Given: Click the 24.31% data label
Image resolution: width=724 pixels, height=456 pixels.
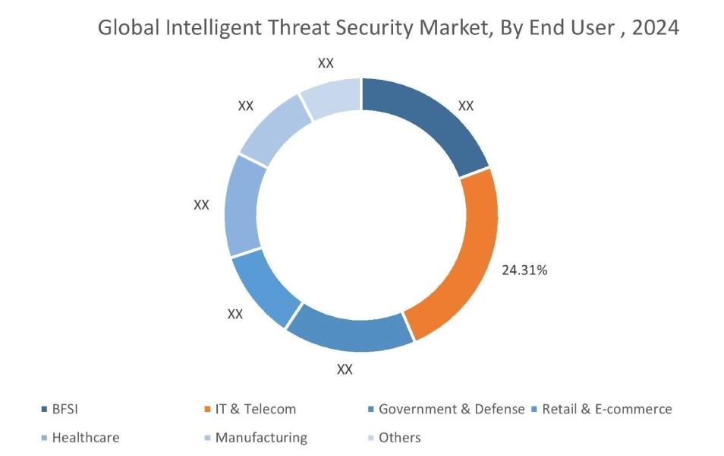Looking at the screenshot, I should pos(524,270).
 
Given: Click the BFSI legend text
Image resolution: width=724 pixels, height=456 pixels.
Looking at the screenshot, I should pos(65,409).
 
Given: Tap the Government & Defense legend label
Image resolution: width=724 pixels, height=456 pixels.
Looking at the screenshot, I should pos(451,409).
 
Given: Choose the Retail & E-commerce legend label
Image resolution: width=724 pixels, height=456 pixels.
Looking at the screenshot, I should pos(606,409).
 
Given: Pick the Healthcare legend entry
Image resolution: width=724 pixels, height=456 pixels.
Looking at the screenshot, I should pos(85,438).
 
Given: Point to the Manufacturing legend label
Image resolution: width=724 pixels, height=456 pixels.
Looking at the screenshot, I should pos(261,438).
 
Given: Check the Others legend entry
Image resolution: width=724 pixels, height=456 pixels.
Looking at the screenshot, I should pos(399,438).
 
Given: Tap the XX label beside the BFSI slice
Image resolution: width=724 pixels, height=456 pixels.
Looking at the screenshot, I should pos(466,106).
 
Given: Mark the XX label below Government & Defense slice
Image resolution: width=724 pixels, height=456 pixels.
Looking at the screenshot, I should pos(345,369).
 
